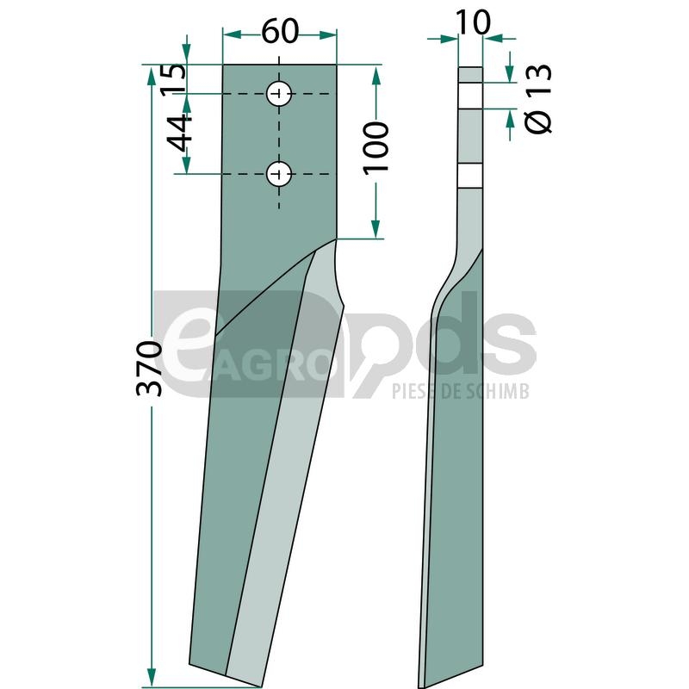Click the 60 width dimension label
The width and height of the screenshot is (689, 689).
[x=280, y=32]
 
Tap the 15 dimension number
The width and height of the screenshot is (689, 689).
[x=173, y=78]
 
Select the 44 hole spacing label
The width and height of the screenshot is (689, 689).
[x=179, y=133]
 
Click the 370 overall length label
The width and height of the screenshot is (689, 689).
[x=149, y=369]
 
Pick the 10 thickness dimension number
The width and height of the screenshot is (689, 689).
[x=473, y=22]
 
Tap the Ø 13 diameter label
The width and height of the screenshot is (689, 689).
[x=538, y=98]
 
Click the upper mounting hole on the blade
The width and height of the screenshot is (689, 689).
[x=279, y=94]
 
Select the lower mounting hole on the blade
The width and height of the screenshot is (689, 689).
[x=279, y=174]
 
